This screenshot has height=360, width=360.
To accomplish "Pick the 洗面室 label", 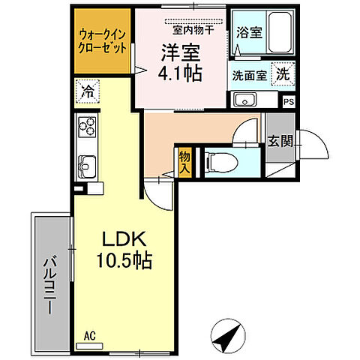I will tap(247, 75).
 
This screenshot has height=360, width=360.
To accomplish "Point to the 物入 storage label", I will tap(184, 162).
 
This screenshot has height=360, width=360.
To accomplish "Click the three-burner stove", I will tap(87, 127).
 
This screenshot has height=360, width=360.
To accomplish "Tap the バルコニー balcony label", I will tap(49, 286).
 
